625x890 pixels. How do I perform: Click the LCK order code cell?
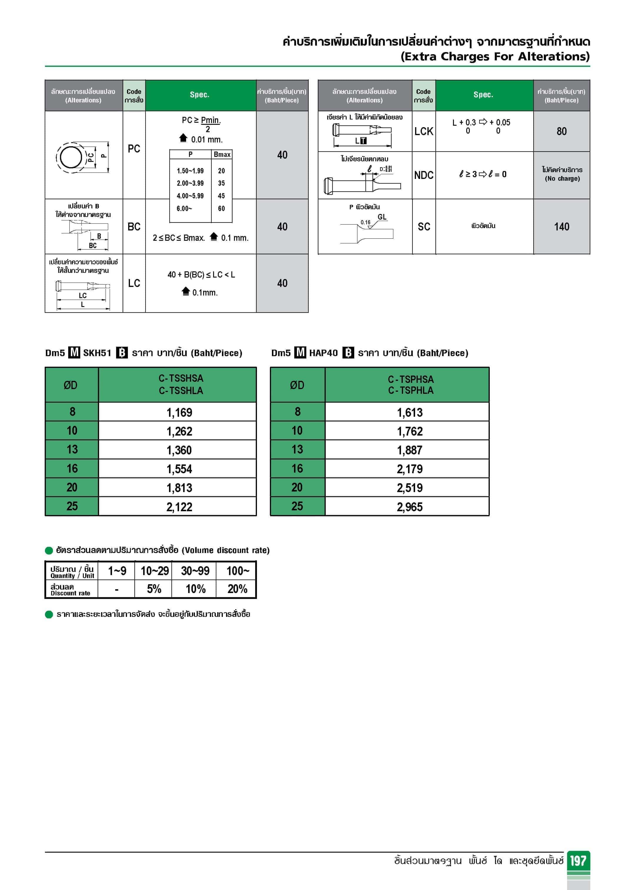[424, 131]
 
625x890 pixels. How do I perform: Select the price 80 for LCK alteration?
[561, 131]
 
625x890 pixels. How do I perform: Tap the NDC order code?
[424, 175]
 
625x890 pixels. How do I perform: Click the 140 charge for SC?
[561, 227]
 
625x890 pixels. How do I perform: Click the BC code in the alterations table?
[134, 227]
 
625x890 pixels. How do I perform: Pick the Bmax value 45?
[221, 196]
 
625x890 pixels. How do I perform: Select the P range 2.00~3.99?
[190, 183]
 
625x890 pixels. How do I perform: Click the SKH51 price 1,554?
[179, 469]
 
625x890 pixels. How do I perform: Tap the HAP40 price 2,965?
[410, 507]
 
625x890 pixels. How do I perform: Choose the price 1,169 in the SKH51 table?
[179, 412]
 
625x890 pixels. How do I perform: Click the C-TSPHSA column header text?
[411, 379]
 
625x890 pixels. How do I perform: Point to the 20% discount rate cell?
[237, 589]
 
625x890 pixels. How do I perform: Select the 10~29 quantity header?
[155, 571]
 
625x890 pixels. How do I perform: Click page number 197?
[578, 861]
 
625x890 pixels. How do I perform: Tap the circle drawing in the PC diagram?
[71, 157]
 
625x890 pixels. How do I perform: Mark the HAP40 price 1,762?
[410, 431]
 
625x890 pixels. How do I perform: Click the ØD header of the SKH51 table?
[71, 385]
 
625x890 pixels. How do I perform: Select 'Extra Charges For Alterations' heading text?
[495, 57]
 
